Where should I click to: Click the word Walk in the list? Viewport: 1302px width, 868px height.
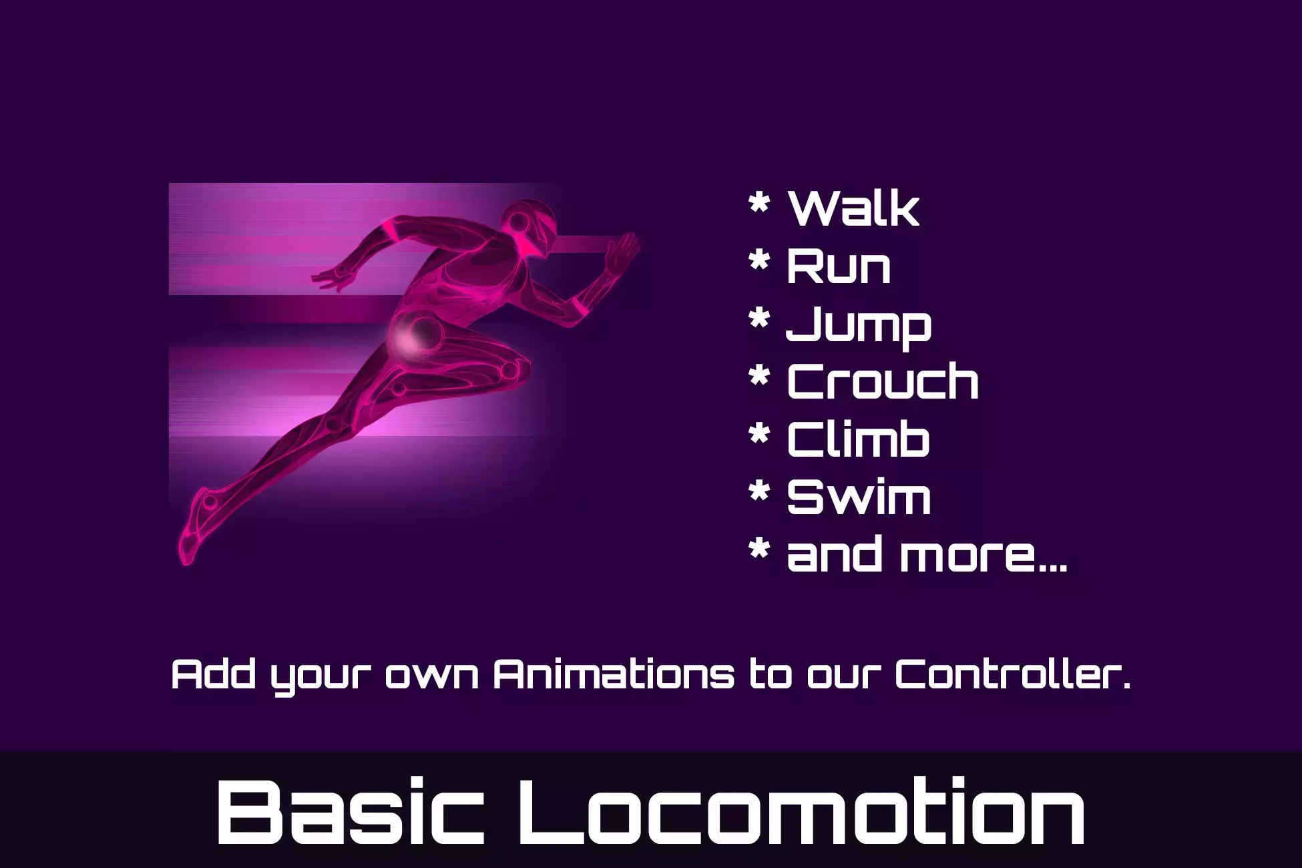point(854,208)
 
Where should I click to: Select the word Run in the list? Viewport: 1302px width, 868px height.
point(839,266)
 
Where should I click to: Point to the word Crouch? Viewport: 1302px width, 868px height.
point(883,382)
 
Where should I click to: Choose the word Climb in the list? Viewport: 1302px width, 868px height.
point(859,439)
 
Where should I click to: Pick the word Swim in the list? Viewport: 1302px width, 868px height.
point(859,497)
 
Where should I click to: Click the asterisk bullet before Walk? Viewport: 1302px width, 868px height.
point(760,202)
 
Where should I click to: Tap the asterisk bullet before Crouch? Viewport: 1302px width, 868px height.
point(760,376)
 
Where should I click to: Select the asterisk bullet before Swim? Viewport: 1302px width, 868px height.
point(760,491)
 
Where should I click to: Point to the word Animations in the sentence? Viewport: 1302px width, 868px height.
point(614,674)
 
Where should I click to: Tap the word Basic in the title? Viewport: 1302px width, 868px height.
point(351,812)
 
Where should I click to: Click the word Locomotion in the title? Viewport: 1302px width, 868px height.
point(801,812)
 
